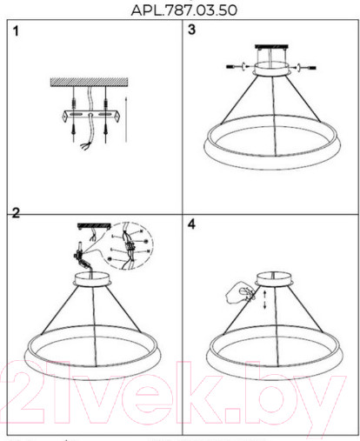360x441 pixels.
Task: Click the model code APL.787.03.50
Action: tap(183, 10)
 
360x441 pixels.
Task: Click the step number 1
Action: tap(16, 31)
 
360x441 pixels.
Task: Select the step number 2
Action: tap(16, 213)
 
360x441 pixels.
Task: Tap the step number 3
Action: tap(191, 30)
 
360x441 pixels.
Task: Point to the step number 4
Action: tap(191, 224)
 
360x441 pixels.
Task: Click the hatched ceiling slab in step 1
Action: tap(89, 82)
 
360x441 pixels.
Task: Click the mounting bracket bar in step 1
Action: tap(91, 116)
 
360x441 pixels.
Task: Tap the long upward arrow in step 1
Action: tap(126, 120)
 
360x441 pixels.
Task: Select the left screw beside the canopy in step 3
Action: tap(237, 67)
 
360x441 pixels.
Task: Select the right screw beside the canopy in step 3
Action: tap(305, 68)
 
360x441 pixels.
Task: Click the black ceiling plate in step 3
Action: tap(271, 46)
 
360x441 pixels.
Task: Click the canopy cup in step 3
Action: tap(271, 69)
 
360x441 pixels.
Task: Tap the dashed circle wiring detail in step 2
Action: tap(129, 246)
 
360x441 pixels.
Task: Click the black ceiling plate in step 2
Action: tap(94, 225)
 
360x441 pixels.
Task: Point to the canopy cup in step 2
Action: tap(91, 279)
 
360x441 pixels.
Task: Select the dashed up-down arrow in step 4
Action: tap(264, 300)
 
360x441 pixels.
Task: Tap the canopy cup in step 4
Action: tap(274, 279)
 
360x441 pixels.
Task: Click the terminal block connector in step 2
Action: tap(80, 255)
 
